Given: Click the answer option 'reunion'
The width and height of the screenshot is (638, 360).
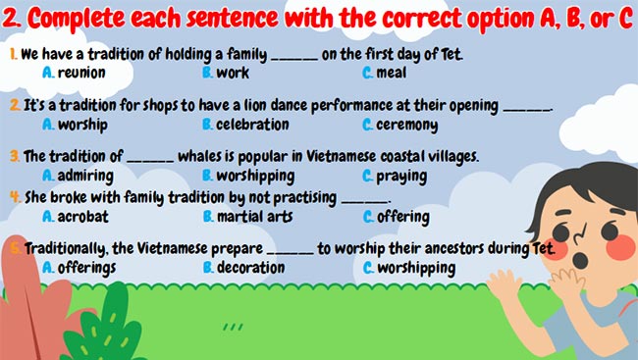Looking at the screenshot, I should coord(81,73).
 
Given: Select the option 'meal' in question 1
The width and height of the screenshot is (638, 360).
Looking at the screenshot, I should coord(393,73).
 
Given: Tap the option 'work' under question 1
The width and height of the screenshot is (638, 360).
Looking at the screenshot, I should coord(234,73).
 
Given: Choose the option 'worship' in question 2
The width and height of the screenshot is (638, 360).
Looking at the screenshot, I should coord(82,125).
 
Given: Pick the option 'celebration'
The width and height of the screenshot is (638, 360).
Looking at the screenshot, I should coord(252,125).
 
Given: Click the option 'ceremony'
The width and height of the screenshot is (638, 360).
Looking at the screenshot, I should coord(406,125).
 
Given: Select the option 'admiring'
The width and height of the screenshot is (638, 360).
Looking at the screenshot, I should coord(85,177).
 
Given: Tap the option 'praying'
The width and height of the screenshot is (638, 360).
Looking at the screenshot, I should coord(400,177).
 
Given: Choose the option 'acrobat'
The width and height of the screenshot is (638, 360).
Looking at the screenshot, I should coord(82,216).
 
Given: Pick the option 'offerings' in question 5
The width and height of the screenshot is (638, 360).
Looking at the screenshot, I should coord(86,267).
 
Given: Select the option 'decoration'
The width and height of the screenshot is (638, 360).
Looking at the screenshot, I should coord(251,267).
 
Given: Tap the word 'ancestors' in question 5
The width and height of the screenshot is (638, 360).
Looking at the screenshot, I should coord(444,248).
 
